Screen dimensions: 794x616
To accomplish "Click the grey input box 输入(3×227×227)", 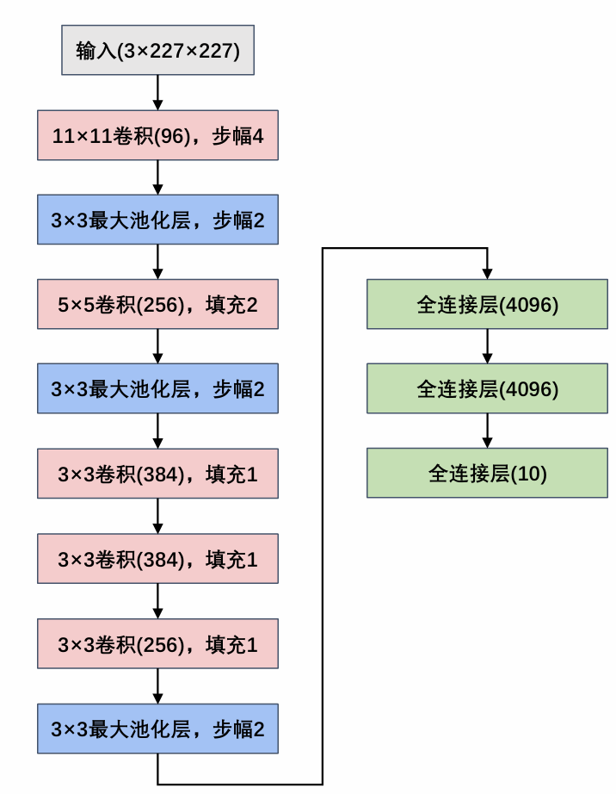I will coord(157,51).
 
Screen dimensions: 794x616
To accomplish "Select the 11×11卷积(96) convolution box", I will coord(157,135).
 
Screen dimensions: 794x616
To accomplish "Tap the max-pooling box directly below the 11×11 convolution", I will coord(157,220).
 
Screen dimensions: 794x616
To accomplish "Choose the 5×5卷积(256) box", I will coord(157,304).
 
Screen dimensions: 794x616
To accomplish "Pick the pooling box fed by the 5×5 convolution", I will coord(157,388).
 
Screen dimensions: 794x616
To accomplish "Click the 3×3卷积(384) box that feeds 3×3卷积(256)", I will coord(157,559).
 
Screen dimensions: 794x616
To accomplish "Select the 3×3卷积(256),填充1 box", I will coord(157,643).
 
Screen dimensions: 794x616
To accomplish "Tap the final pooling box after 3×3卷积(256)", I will coord(157,728).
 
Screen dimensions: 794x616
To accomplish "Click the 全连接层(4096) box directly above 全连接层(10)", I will coord(488,388).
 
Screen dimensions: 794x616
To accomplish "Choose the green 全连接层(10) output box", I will coord(488,473).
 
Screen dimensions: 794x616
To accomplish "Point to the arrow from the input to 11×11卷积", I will coord(157,93).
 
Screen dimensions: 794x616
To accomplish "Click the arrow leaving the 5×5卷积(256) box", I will coord(157,346).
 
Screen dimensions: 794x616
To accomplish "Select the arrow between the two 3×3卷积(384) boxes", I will coord(157,516).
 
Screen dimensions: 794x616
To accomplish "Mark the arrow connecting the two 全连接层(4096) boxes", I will coord(488,346).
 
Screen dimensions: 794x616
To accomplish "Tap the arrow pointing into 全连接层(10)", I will coord(488,431).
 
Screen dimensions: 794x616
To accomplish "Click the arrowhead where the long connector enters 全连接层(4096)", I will coord(488,273).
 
